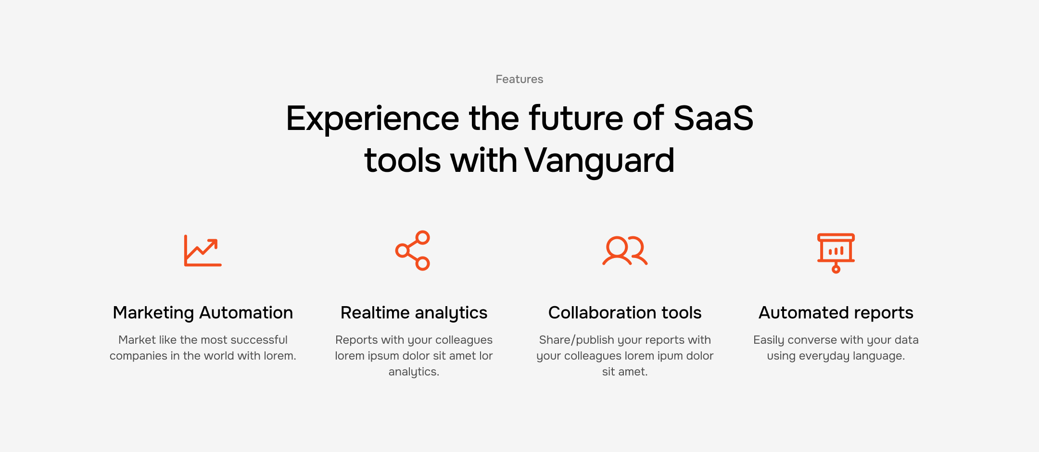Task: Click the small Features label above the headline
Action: (519, 79)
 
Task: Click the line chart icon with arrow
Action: (203, 251)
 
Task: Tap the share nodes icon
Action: (413, 250)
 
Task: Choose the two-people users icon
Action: (625, 250)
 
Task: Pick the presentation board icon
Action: (836, 253)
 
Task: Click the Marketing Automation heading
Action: (203, 313)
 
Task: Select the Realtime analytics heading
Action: (414, 313)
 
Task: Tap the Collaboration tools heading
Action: (625, 313)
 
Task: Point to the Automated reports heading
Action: (836, 313)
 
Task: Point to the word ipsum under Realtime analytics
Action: (383, 356)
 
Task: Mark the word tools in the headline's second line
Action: (403, 161)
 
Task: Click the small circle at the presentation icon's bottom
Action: (836, 269)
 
